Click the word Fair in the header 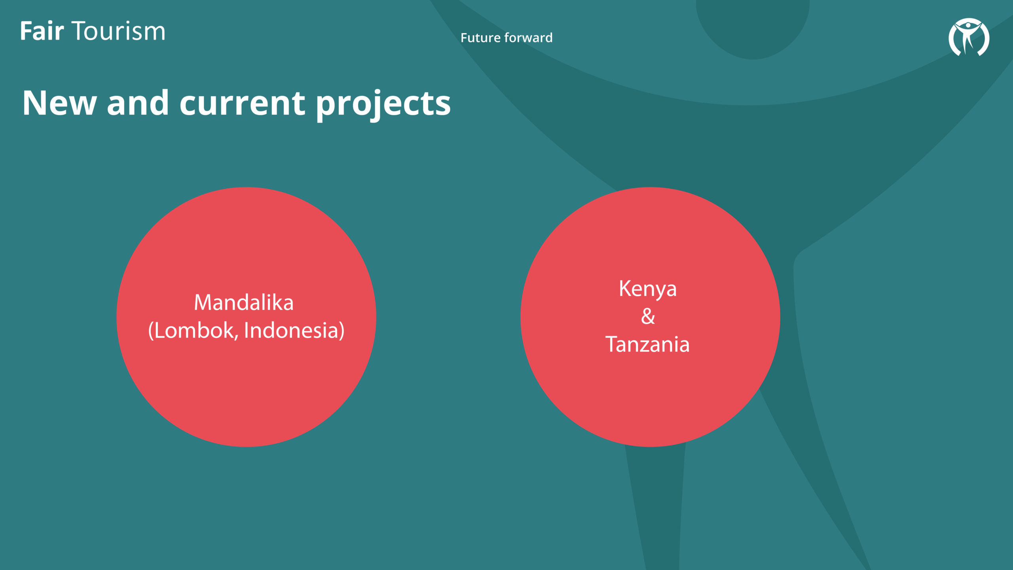42,31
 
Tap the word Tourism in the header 118,31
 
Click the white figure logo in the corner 969,37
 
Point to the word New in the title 59,103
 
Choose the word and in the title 138,103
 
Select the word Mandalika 244,302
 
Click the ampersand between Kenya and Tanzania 648,316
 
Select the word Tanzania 647,344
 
